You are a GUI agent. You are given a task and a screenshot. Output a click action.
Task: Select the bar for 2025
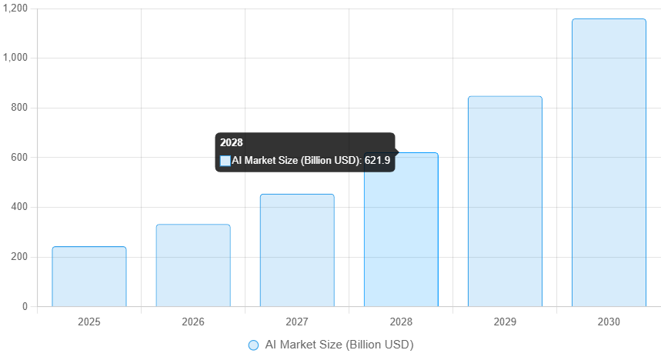tap(89, 276)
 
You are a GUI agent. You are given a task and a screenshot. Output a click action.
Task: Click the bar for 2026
tap(193, 265)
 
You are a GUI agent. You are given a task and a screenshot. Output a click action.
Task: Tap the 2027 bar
tap(297, 250)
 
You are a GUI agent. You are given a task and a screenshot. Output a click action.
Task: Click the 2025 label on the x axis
tap(89, 321)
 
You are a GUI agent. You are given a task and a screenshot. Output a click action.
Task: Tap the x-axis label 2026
tap(193, 321)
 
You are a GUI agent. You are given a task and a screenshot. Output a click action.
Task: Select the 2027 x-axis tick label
tap(297, 321)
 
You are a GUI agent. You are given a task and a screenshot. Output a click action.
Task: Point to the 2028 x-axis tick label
tap(401, 321)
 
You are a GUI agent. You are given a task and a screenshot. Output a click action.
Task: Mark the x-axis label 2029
tap(505, 321)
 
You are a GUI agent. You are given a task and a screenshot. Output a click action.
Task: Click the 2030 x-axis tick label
tap(609, 321)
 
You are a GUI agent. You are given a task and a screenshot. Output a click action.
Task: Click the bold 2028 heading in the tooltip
tap(231, 142)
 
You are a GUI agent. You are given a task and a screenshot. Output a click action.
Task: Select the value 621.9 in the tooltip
tap(377, 161)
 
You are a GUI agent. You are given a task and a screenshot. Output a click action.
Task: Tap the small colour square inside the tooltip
tap(225, 161)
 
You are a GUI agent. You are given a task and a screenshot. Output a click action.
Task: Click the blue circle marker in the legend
tap(253, 345)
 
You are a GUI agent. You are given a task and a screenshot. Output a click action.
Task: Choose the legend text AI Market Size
tap(339, 345)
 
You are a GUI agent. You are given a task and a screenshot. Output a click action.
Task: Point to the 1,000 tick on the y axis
tap(17, 58)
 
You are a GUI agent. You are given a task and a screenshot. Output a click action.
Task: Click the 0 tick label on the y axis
tap(25, 307)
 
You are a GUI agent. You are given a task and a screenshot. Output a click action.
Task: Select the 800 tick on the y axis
tap(20, 108)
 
